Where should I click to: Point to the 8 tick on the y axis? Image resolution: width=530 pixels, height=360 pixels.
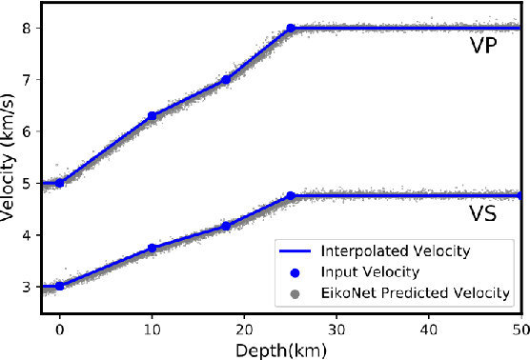click(x=29, y=29)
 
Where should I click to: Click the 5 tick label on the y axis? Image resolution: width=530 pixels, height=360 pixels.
click(x=29, y=183)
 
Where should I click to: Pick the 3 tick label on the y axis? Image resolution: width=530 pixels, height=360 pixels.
click(x=29, y=287)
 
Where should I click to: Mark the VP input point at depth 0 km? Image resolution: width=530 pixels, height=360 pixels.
click(x=59, y=183)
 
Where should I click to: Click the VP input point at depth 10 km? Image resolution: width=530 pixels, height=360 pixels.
click(x=152, y=116)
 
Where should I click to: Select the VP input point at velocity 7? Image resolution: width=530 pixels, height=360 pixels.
click(x=226, y=80)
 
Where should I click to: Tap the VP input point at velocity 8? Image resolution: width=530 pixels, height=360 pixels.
click(x=291, y=29)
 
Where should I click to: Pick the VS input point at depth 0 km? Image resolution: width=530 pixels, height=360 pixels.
click(x=59, y=286)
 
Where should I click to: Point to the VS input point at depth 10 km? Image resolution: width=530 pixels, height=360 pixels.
click(x=152, y=248)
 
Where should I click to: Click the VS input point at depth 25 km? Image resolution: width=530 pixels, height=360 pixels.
click(x=291, y=196)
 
